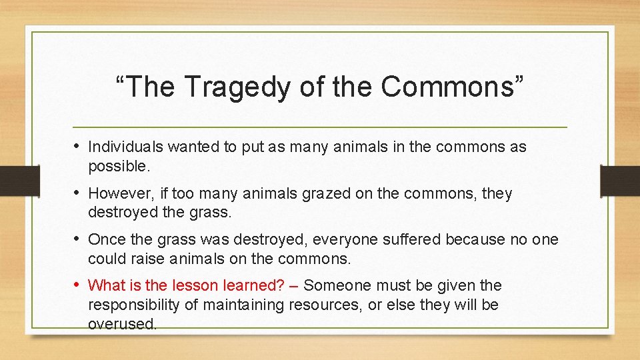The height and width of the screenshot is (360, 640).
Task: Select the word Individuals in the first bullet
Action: coord(125,147)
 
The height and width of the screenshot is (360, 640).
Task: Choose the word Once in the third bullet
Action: coord(104,239)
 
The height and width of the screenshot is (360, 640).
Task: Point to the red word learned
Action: coord(253,286)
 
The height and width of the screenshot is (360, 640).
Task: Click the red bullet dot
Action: coord(77,285)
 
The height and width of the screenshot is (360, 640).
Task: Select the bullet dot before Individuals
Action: coord(77,146)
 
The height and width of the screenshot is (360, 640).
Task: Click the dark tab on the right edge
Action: coord(620,180)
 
